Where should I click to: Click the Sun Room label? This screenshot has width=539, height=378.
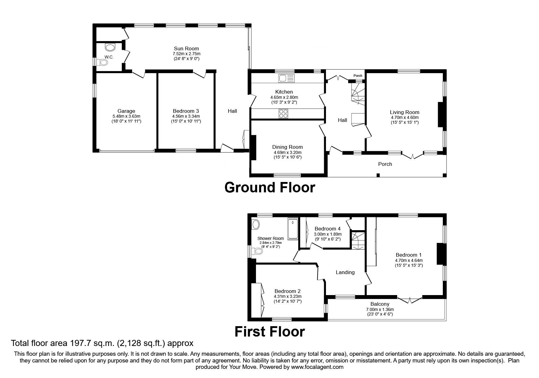coord(186,48)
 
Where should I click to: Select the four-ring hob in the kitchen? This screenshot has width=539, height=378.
coord(284,114)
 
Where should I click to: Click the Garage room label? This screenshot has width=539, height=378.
coord(126,111)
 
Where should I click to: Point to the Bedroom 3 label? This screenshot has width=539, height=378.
coord(186,111)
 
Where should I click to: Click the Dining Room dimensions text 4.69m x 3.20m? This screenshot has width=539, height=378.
coord(287,152)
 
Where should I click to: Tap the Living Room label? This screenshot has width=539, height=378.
coord(404,112)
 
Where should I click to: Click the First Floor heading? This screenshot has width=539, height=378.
coord(270,331)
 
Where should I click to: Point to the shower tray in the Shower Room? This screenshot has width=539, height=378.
coord(293,229)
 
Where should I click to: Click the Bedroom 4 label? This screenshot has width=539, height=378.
coord(327,229)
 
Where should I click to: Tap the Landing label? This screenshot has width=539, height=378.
coord(345,272)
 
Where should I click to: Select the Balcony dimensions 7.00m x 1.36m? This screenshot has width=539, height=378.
coord(380,309)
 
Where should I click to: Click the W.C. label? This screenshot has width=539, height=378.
coord(109,57)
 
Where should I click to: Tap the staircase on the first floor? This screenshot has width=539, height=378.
coord(358,241)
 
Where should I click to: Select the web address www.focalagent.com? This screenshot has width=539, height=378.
coord(317,367)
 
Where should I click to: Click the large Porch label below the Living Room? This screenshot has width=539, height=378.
coord(385,164)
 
